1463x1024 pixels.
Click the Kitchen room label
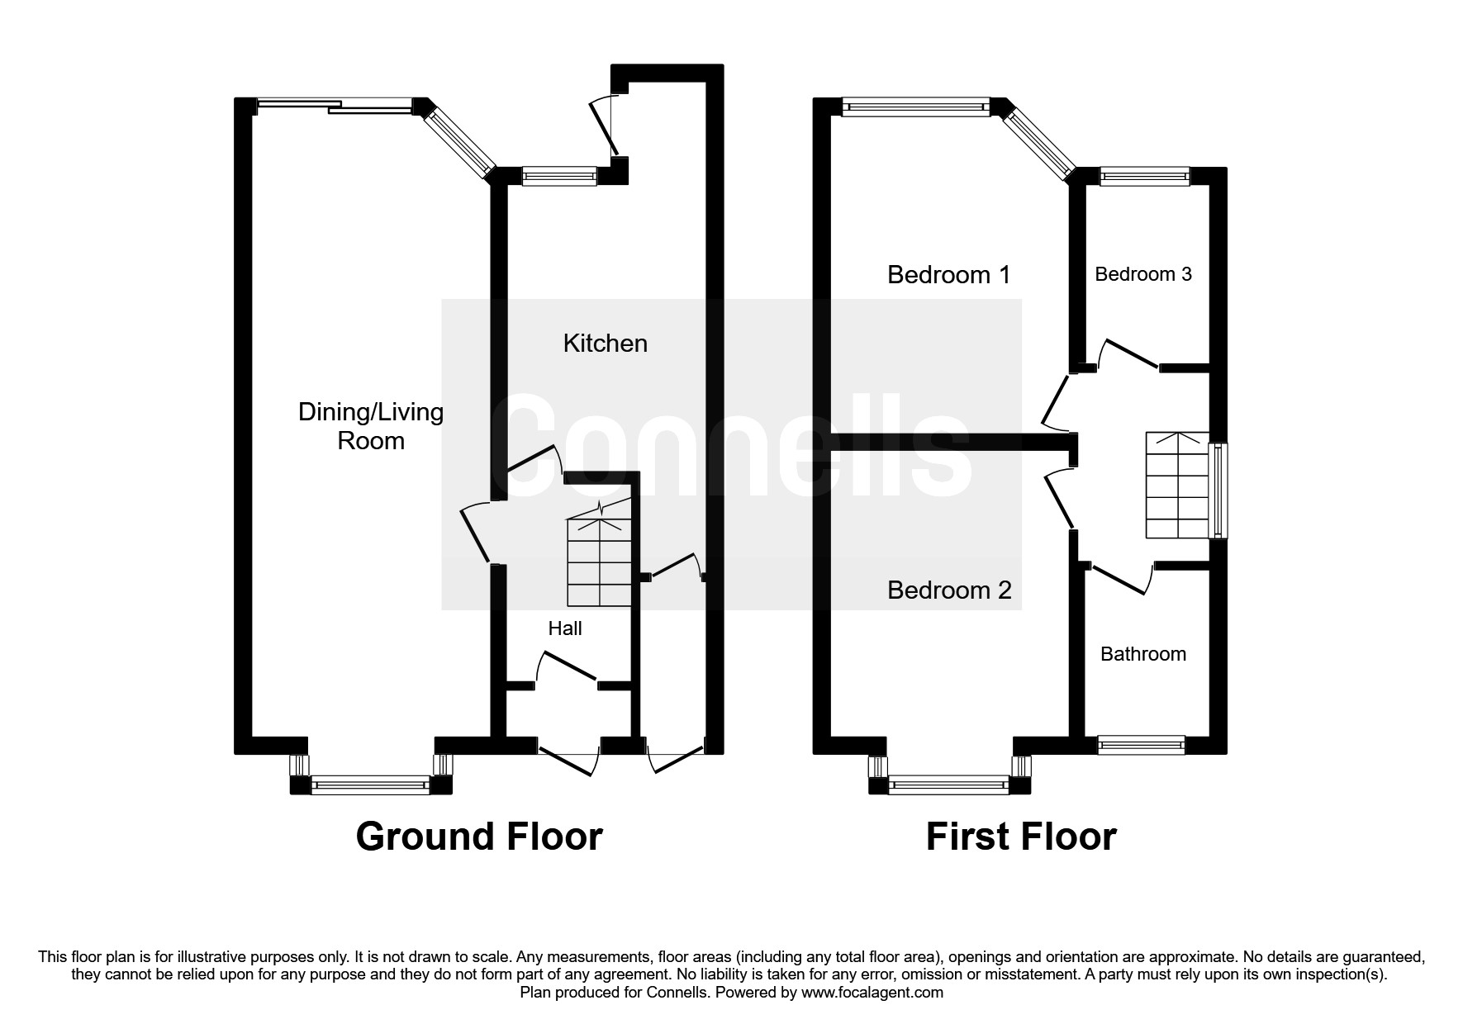(x=606, y=344)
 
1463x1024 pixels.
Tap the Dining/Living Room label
(x=371, y=426)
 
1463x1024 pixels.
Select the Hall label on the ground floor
(x=565, y=628)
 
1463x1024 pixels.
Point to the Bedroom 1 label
(x=949, y=274)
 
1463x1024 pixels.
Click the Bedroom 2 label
(x=949, y=590)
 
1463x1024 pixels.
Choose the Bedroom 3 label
(x=1143, y=274)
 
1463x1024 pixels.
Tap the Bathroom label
(x=1143, y=654)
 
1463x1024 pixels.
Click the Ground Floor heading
(x=479, y=837)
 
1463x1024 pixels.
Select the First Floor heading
(x=1021, y=837)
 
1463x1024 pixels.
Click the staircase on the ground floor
(x=601, y=553)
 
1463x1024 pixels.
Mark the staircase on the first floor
(x=1177, y=485)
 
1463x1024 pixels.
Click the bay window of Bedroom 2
(x=949, y=775)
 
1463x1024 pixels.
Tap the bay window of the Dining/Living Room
(x=371, y=775)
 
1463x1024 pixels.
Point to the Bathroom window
(x=1141, y=745)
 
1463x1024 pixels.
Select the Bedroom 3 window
(x=1144, y=175)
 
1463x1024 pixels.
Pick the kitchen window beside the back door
(x=559, y=175)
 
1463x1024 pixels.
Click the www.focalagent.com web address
(x=872, y=993)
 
